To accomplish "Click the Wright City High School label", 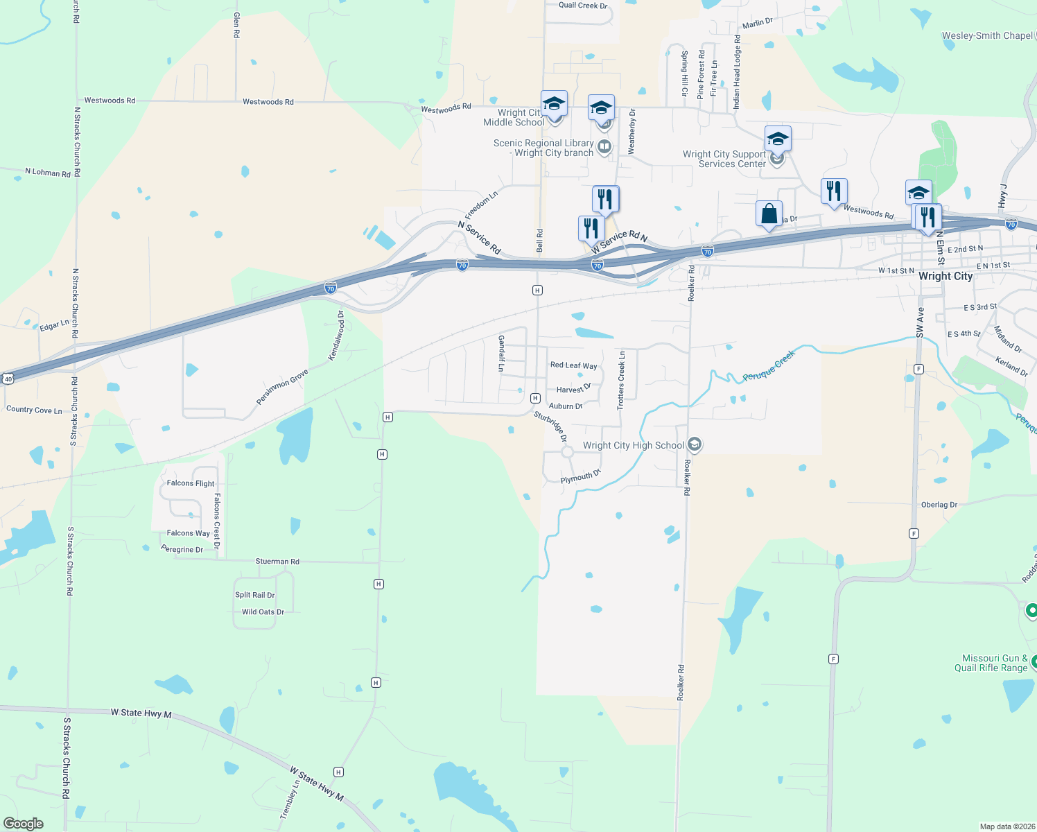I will [x=634, y=445].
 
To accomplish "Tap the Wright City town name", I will [x=945, y=276].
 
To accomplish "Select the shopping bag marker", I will [x=769, y=214].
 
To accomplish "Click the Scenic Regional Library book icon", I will [x=604, y=146].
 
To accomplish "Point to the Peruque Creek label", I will [x=769, y=366].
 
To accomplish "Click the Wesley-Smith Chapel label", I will [x=986, y=35].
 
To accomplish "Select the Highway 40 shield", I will [x=8, y=379].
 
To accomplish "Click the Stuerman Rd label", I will [x=277, y=562].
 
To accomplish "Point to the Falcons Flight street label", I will [x=191, y=483].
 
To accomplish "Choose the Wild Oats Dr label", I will [x=263, y=612].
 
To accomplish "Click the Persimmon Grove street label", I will [x=282, y=387].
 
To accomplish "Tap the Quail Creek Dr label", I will [x=583, y=6].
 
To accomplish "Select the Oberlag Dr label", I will [x=939, y=505].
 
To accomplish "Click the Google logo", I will [x=23, y=824].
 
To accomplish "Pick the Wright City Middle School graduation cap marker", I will [x=554, y=104].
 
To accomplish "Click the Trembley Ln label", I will [x=289, y=799].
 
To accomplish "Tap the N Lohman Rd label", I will [x=48, y=172].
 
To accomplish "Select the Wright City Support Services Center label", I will [x=724, y=159].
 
